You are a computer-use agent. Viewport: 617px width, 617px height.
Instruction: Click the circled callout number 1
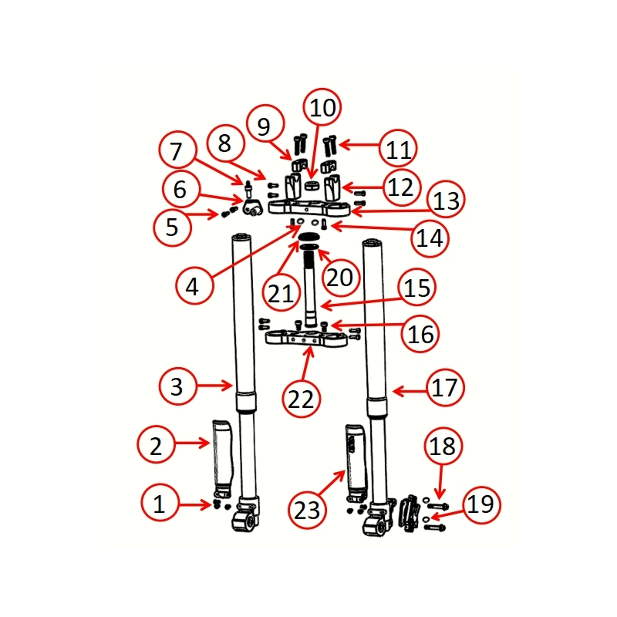click(160, 505)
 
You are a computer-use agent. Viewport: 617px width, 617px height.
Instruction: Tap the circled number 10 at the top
click(322, 108)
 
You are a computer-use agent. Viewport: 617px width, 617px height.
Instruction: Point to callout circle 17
click(444, 387)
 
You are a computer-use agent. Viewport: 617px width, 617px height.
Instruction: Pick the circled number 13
click(445, 201)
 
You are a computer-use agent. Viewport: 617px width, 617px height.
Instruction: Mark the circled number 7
click(177, 151)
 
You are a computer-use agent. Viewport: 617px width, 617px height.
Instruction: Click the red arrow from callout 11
click(357, 144)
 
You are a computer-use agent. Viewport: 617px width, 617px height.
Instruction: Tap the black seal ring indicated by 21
click(308, 237)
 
